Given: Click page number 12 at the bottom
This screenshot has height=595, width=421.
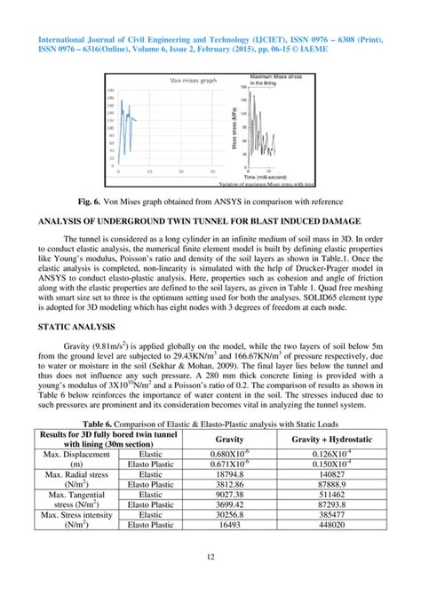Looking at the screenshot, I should click(x=210, y=581).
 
